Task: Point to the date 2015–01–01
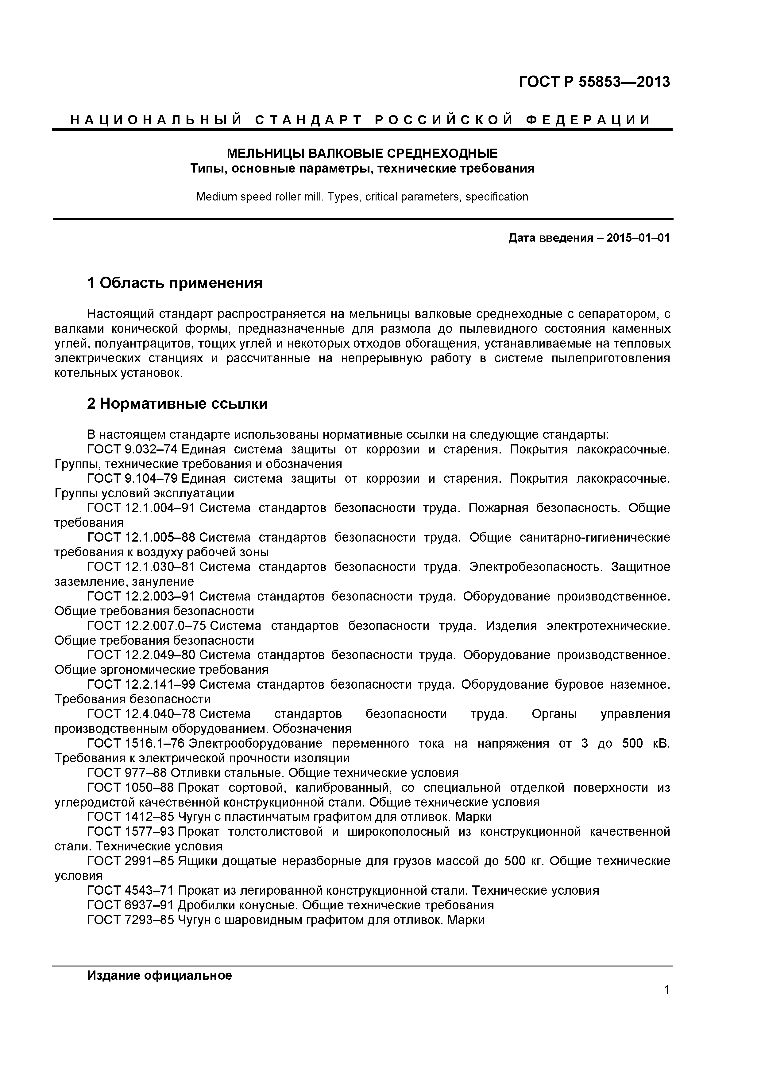click(638, 238)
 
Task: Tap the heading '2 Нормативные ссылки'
click(177, 403)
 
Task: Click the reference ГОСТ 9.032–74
click(132, 449)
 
